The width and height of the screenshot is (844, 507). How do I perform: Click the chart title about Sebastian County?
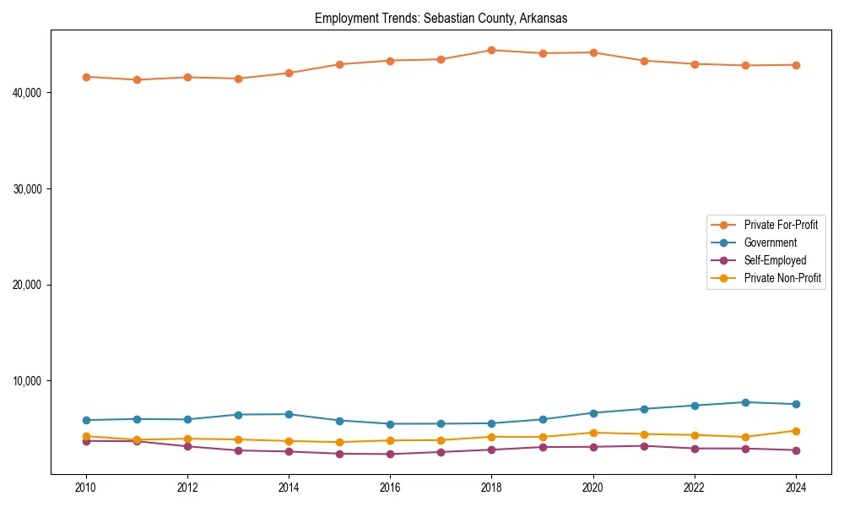click(x=441, y=18)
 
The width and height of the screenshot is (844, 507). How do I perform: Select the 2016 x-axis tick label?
click(x=390, y=488)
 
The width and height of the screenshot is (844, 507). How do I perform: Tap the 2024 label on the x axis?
click(x=796, y=488)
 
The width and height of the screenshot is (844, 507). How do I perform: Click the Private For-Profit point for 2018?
click(x=491, y=50)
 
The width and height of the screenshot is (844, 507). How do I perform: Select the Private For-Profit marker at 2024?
click(x=796, y=65)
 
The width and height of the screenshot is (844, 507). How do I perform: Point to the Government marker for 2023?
click(x=745, y=402)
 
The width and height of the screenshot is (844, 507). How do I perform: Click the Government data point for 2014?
click(x=289, y=414)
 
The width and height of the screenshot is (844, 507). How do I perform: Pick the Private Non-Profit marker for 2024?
click(x=796, y=431)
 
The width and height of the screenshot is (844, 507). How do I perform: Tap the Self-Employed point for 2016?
click(x=390, y=455)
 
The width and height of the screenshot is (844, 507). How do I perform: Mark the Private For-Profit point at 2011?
click(x=137, y=79)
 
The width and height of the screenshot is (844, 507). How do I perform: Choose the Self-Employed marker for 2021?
click(x=644, y=446)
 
